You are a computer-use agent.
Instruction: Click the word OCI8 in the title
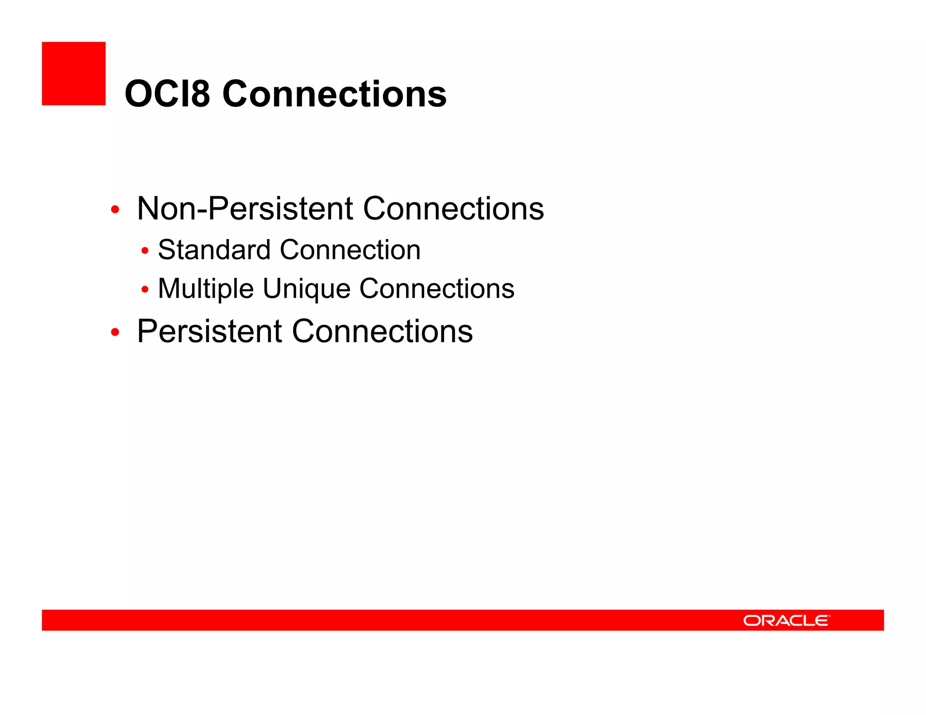coord(167,94)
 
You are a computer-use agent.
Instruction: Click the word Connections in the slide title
coord(335,94)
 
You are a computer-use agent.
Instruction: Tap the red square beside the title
coord(74,74)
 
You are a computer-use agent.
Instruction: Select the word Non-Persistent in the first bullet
coord(245,209)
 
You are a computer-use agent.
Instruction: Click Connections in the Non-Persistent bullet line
coord(454,209)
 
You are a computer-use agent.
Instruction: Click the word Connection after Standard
coord(350,250)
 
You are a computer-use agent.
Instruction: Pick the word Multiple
coord(206,289)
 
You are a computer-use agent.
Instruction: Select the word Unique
coord(307,289)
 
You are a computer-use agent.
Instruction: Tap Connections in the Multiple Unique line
coord(437,289)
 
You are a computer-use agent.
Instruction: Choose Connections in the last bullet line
coord(383,332)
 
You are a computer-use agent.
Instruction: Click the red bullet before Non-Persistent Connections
coord(115,210)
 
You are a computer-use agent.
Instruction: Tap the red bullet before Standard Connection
coord(145,251)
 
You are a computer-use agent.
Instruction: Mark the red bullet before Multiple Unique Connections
coord(145,289)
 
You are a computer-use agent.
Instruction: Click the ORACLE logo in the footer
coord(786,621)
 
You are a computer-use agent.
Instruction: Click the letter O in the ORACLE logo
coord(752,621)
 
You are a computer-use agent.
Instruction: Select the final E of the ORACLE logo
coord(822,621)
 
